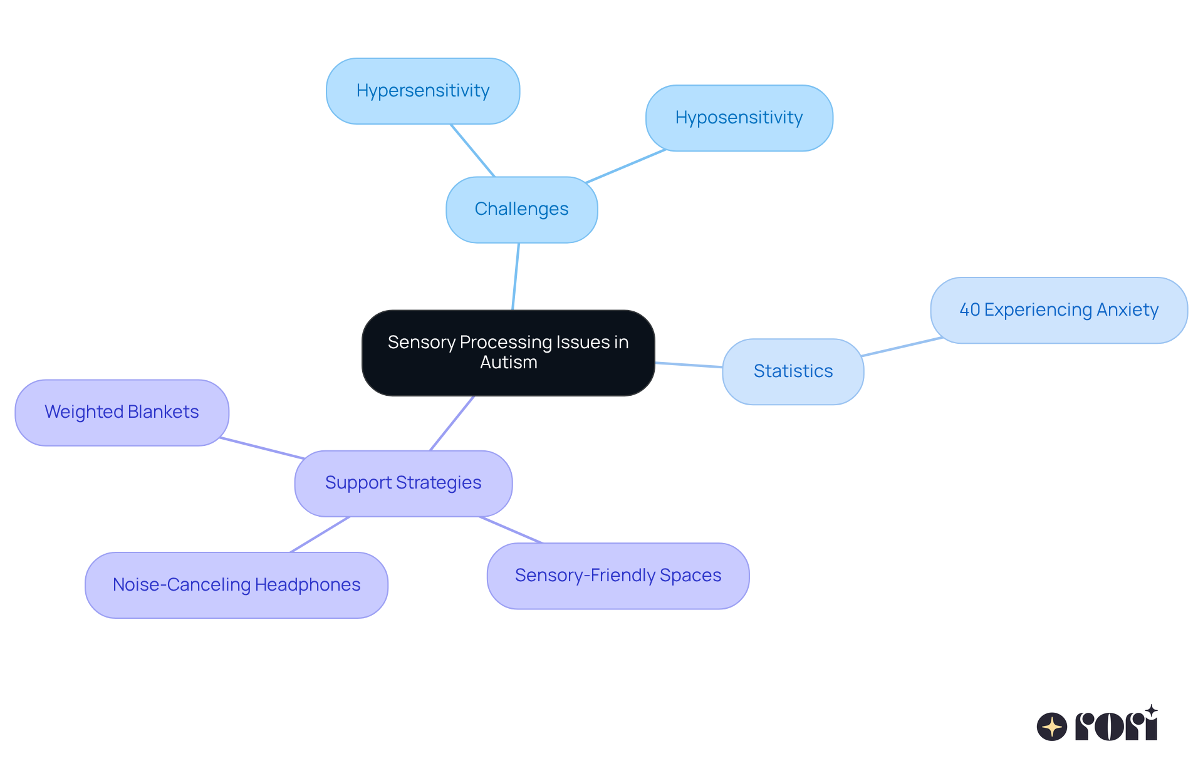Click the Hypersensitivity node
(x=423, y=91)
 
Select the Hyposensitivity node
(x=739, y=118)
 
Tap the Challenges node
(x=521, y=210)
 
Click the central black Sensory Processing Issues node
(x=508, y=353)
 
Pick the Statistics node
(x=793, y=371)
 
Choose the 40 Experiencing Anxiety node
(x=1058, y=311)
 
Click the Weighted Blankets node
(x=122, y=413)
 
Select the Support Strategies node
(x=403, y=484)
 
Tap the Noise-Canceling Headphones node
(x=236, y=585)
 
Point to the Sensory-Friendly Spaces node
(x=618, y=576)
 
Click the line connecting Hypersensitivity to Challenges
(x=472, y=150)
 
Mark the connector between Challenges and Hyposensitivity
(x=625, y=167)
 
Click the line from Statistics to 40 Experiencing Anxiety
(x=902, y=346)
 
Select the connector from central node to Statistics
(x=689, y=365)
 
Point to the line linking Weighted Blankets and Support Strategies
(x=262, y=448)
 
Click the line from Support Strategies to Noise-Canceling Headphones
(x=320, y=534)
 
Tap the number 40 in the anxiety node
(x=969, y=310)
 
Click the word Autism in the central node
(x=508, y=363)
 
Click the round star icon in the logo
(x=1052, y=727)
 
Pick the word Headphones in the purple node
(x=307, y=585)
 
